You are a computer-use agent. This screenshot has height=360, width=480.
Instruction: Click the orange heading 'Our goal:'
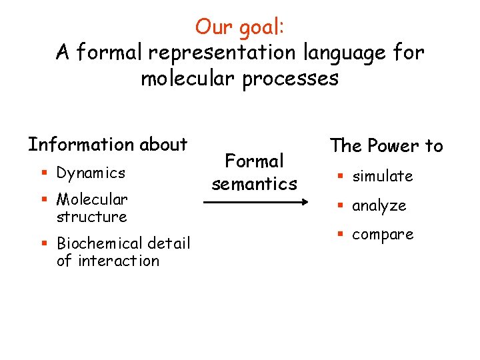pos(239,27)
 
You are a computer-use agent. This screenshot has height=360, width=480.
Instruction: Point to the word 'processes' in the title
pos(288,79)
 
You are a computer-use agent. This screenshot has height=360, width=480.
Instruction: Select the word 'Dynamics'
pos(91,173)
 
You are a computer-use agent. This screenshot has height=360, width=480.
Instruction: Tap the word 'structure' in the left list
pos(91,217)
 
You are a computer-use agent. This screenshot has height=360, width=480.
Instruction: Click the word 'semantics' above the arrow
pos(254,183)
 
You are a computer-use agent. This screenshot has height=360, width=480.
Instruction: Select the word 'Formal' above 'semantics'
pos(254,161)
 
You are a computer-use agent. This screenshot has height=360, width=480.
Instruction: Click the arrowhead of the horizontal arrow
pos(302,201)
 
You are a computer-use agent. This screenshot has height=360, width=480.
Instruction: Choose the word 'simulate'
pos(383,176)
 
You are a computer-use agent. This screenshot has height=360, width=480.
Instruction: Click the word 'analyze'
pos(379,206)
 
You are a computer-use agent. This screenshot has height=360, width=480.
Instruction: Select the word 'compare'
pos(383,235)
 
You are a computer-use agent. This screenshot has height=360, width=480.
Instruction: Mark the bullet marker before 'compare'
pos(339,235)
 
